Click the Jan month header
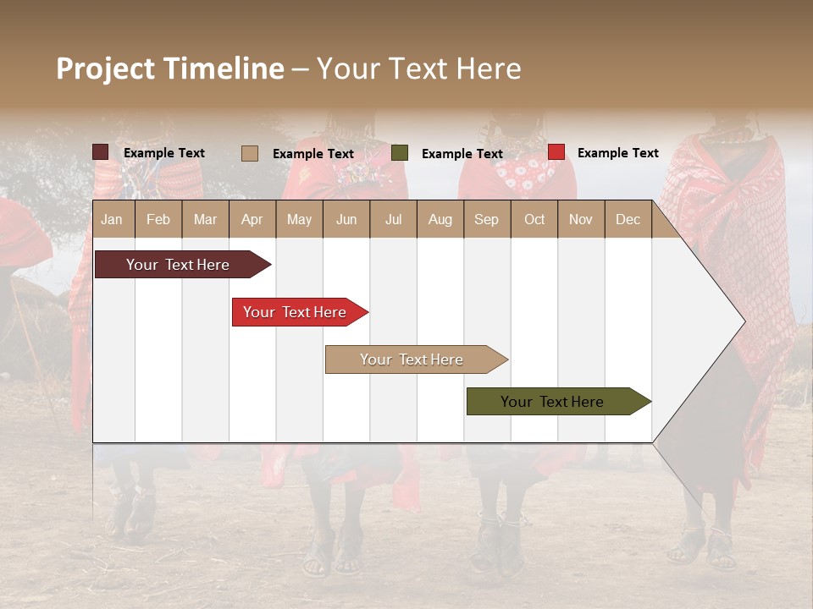point(112,220)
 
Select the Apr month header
point(252,220)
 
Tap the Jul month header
point(393,220)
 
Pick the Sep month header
point(486,220)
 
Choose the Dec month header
point(628,220)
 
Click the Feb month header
point(158,220)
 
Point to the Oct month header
point(534,220)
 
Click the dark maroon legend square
point(100,152)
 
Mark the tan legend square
point(249,153)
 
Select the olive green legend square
point(400,153)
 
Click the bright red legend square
point(556,152)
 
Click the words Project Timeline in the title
point(169,69)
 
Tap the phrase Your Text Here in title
point(418,69)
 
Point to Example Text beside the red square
point(617,153)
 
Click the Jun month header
point(346,220)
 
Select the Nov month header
point(581,220)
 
